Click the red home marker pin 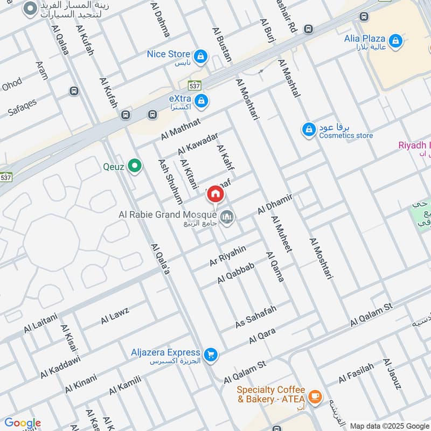coord(215,194)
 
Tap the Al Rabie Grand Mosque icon coord(227,217)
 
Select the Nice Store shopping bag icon coord(200,55)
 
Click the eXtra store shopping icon coord(201,100)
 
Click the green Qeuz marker coord(134,166)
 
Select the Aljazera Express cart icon coord(211,353)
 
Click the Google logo coord(22,423)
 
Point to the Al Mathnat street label coord(180,129)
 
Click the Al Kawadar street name coord(198,143)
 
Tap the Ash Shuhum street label coord(170,181)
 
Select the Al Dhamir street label coord(275,203)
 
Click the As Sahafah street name coord(256,317)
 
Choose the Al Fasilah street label coord(356,373)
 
